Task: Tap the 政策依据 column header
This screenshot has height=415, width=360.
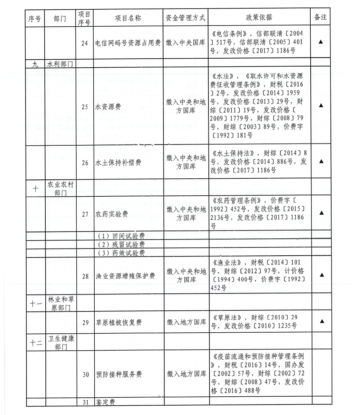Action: pos(259,18)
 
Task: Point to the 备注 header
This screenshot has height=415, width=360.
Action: pos(320,18)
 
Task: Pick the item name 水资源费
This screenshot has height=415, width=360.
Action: pos(108,107)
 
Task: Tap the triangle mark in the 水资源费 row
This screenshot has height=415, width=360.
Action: pos(320,105)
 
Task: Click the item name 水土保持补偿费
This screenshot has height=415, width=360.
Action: pos(118,163)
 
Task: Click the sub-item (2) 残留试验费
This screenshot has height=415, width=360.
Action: pos(121,244)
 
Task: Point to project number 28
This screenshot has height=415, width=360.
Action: pos(85,276)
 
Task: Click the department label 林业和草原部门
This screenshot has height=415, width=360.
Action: pos(60,303)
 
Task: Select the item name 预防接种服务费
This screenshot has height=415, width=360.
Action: pos(118,374)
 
